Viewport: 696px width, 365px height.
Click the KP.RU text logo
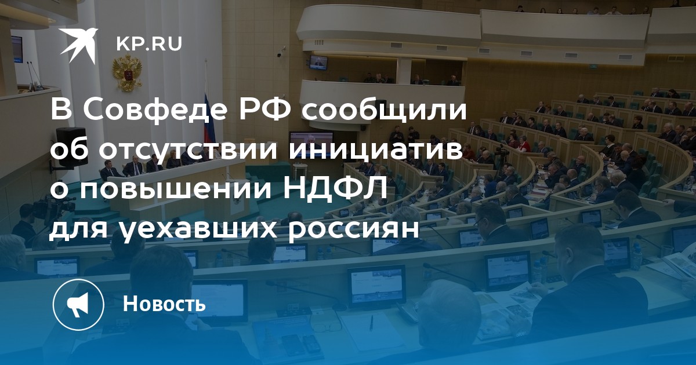(149, 44)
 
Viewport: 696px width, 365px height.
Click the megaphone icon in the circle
(78, 305)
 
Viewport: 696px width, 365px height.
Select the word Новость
(164, 304)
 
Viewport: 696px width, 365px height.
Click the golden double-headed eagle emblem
(127, 72)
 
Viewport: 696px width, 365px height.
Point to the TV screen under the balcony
(318, 62)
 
